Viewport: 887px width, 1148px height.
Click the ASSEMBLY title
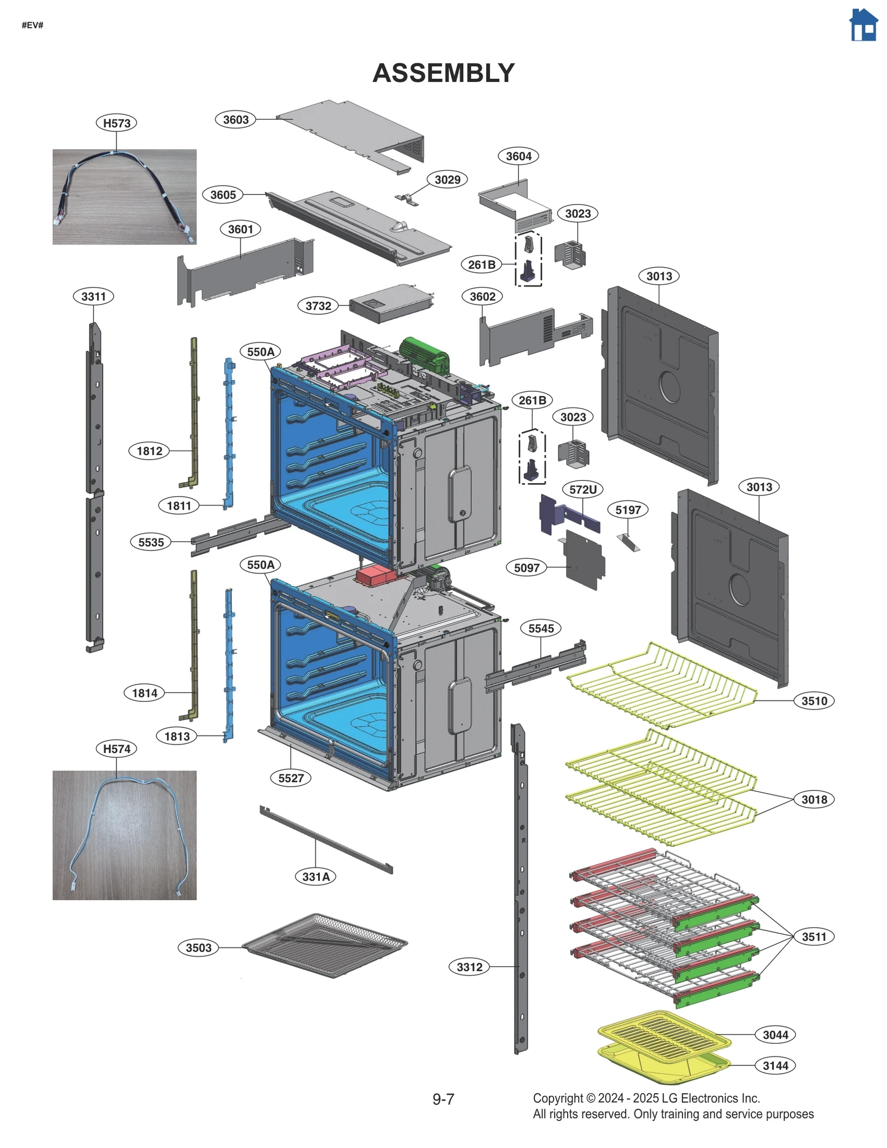443,73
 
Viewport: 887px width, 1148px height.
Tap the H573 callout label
116,123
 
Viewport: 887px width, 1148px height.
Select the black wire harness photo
124,197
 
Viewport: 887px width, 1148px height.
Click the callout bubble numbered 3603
236,120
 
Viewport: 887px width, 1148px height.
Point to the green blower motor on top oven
424,354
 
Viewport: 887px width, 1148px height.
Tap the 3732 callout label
318,306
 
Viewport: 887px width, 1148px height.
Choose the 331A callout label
315,876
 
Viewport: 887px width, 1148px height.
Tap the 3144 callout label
775,1065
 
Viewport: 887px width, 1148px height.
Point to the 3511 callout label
814,937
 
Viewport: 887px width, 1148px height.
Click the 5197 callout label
628,510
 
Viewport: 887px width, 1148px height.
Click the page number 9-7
443,1099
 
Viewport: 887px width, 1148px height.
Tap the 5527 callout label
290,778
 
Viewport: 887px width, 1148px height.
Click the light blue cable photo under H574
124,835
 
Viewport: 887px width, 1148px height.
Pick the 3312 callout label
469,967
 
